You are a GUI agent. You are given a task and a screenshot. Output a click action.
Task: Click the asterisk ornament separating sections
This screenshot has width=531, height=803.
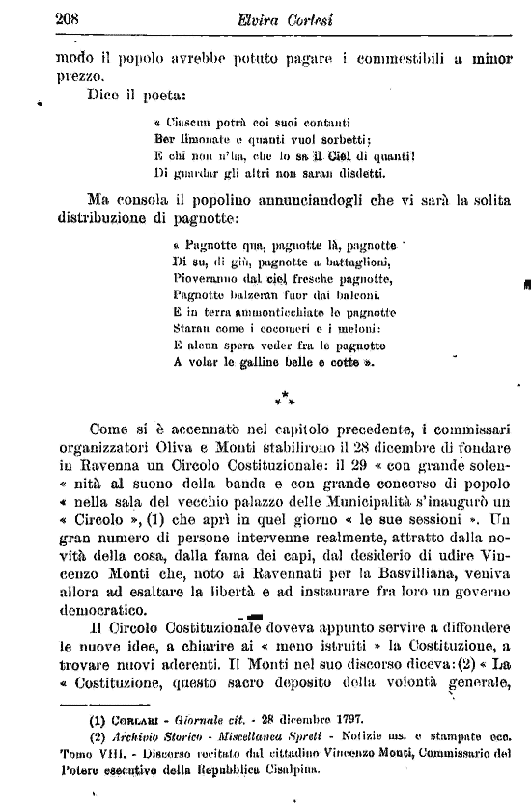tap(286, 397)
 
